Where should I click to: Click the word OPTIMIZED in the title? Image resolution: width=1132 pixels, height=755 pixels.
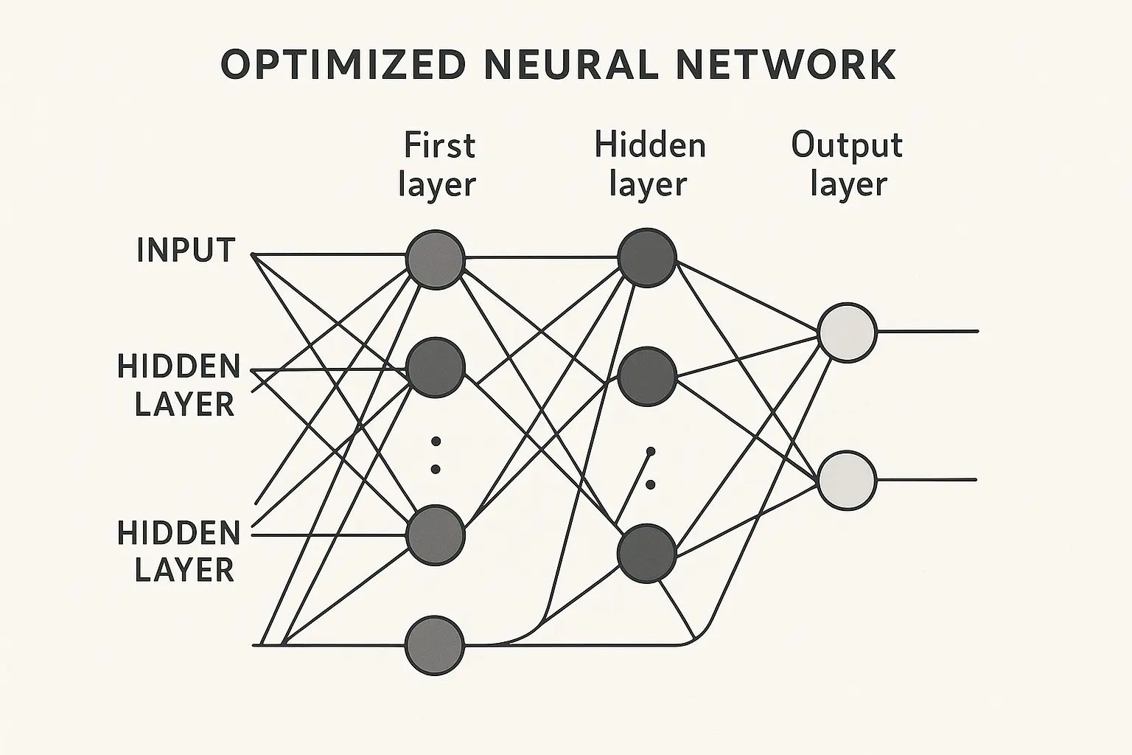(343, 65)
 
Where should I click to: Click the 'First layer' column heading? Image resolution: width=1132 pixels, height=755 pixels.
(438, 164)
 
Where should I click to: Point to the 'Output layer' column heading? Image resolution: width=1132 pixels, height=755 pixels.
(848, 164)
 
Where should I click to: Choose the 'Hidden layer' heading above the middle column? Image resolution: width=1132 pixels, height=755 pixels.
(649, 164)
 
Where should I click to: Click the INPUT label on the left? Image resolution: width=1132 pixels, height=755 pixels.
(186, 251)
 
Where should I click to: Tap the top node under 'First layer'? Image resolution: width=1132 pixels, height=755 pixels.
(436, 259)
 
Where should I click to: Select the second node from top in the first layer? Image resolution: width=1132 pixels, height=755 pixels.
(436, 366)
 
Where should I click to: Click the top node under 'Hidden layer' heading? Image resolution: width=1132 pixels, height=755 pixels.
(647, 257)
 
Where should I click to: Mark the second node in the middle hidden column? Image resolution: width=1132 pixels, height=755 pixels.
(647, 377)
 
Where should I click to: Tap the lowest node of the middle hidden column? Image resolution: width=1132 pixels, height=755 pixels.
(647, 554)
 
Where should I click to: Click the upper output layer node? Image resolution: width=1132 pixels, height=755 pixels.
(848, 333)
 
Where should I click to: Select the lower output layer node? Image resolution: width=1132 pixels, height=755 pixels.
(848, 480)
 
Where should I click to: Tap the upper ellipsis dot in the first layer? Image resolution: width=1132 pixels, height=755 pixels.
(436, 442)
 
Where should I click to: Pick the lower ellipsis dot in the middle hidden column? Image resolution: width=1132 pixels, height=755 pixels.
(650, 484)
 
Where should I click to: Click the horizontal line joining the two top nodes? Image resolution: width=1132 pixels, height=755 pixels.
(542, 258)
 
